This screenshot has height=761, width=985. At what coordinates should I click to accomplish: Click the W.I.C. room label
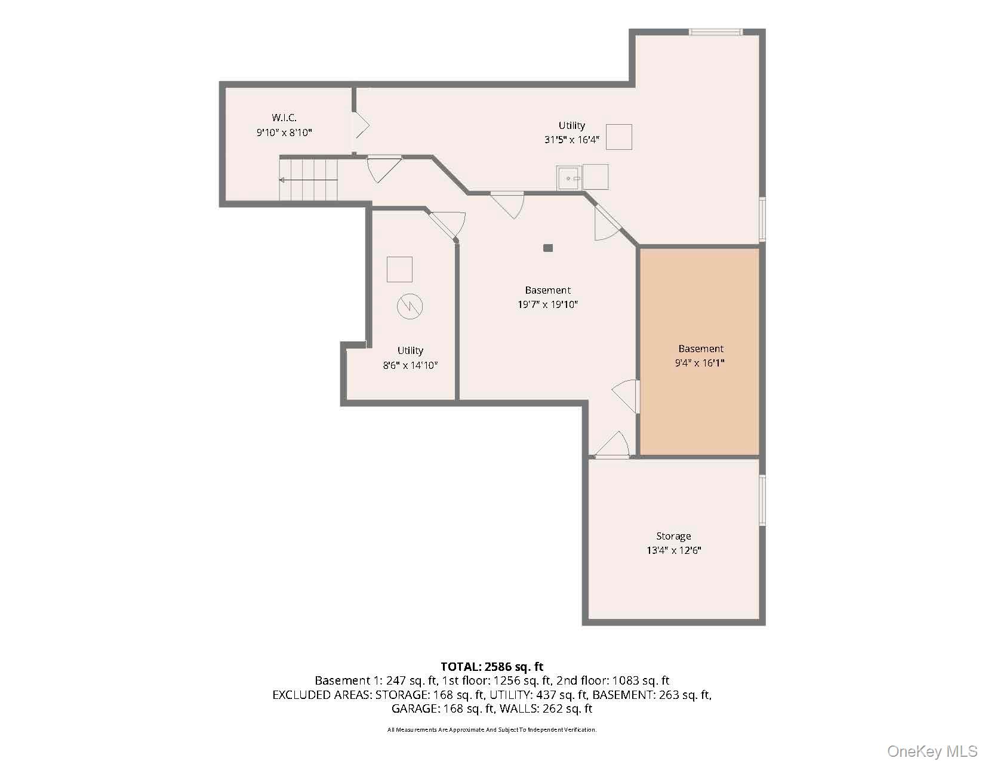284,118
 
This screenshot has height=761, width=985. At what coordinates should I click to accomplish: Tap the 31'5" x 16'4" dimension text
571,140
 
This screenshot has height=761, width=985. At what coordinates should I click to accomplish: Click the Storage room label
673,536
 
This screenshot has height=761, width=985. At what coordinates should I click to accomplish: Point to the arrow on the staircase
307,180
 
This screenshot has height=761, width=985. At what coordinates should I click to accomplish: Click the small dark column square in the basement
548,248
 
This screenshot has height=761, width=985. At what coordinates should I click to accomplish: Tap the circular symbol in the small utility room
410,307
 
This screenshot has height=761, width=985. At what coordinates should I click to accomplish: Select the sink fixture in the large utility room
569,178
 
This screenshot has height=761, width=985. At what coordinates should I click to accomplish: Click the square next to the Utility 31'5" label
619,137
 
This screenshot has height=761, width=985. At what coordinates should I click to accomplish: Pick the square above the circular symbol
399,269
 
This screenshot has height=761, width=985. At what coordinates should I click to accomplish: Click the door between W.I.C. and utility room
361,126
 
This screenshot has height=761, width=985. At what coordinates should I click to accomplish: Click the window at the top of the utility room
715,32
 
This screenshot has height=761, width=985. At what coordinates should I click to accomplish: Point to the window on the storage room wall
762,500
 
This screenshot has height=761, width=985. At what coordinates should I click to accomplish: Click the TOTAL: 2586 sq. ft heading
492,667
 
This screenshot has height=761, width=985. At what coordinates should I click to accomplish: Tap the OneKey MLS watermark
931,751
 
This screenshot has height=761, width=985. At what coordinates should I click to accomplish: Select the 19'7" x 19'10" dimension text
547,305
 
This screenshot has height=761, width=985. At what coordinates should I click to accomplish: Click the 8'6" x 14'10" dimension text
410,365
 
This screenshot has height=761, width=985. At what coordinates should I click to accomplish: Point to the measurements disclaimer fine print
492,729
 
